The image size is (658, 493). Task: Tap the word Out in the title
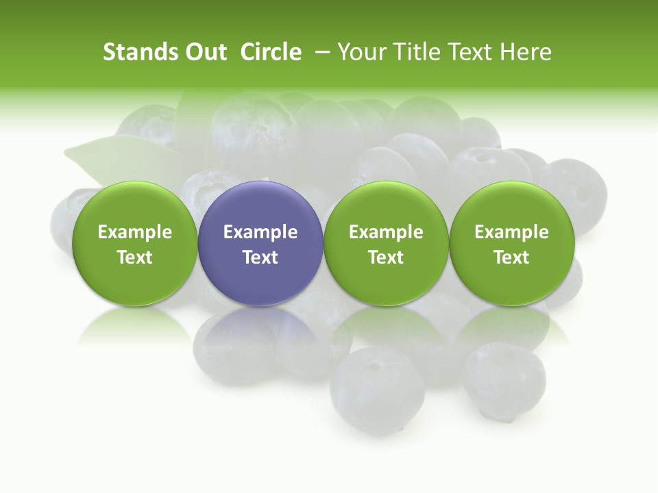204,52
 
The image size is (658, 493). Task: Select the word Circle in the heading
271,52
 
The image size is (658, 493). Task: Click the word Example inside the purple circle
260,232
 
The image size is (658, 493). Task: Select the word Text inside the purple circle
260,257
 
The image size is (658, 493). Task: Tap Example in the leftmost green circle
135,232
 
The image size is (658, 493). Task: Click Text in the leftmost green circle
135,257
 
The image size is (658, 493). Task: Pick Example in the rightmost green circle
511,232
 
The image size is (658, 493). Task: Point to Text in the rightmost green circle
511,257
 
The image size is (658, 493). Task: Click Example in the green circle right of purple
386,232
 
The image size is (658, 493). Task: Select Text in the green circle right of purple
386,257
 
